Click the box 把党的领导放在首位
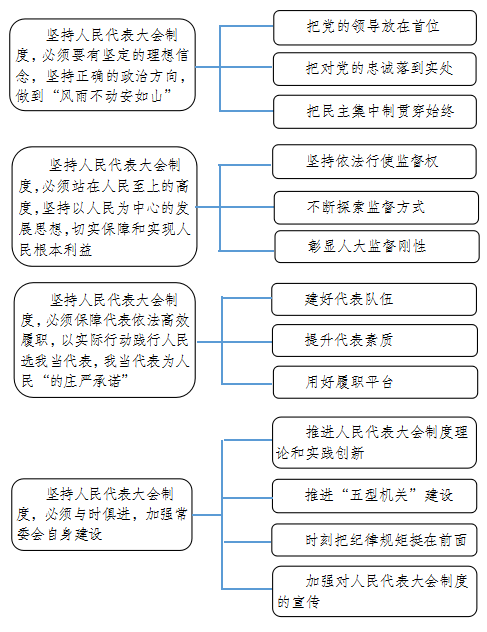tap(375, 28)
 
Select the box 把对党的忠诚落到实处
tap(375, 69)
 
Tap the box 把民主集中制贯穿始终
tap(375, 112)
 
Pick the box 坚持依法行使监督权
tap(374, 162)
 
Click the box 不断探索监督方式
tap(376, 208)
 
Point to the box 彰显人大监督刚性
tap(377, 246)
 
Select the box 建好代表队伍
tap(374, 299)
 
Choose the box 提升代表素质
tap(375, 341)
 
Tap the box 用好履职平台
tap(375, 382)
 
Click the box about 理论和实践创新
tap(374, 443)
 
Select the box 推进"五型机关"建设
tap(374, 496)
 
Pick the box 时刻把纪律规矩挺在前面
tap(374, 540)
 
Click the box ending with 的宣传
tap(375, 591)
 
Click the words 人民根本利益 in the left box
tap(56, 250)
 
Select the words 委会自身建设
tap(59, 534)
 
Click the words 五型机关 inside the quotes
tap(378, 495)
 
